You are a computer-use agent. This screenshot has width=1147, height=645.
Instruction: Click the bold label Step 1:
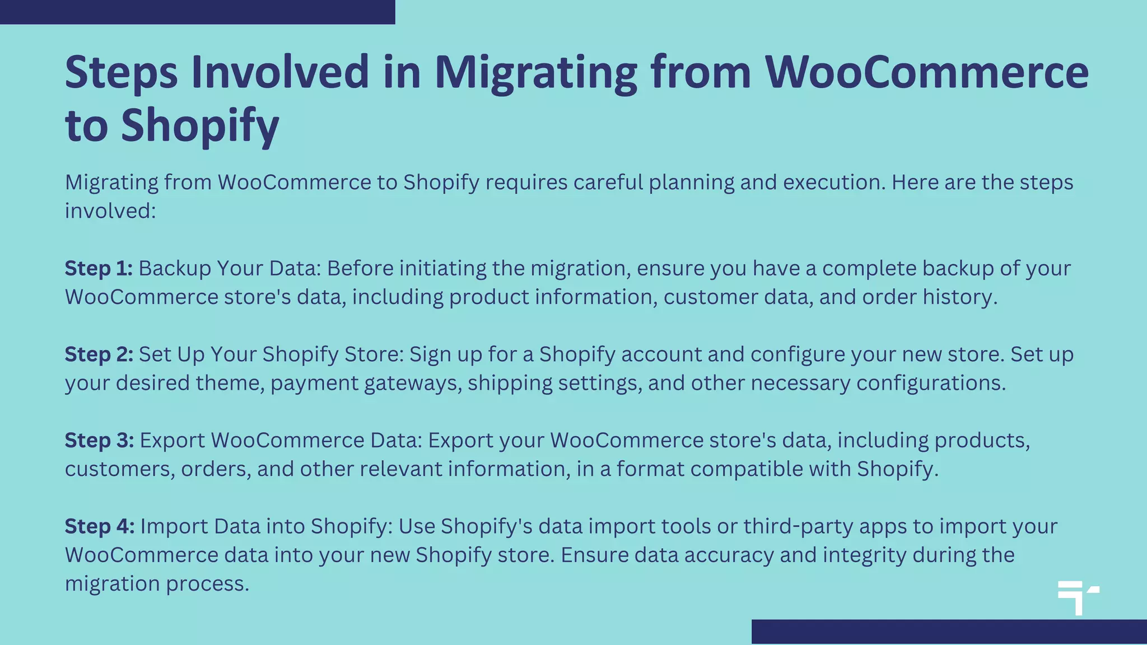(99, 269)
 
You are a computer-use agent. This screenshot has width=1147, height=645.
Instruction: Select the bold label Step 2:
(99, 354)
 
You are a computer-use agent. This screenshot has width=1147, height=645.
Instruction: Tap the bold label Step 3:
(99, 441)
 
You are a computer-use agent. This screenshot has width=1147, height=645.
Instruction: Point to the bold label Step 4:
(100, 526)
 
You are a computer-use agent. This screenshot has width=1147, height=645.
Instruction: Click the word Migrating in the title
(535, 73)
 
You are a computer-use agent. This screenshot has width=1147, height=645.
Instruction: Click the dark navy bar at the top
(197, 12)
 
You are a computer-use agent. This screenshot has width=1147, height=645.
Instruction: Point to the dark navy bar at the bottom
(949, 632)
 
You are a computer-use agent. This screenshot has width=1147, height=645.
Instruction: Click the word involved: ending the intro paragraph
(110, 211)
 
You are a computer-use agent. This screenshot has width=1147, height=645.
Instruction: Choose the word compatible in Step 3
(747, 469)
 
